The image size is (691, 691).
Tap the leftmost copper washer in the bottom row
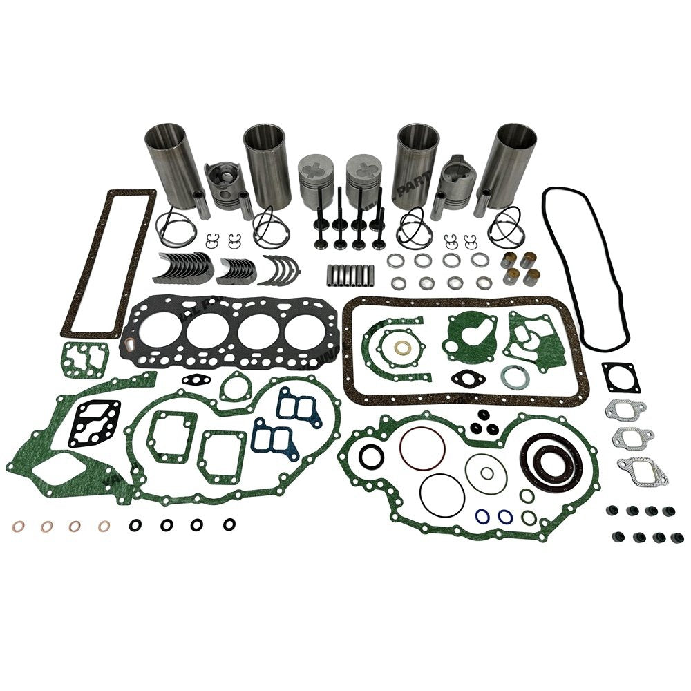tap(18, 527)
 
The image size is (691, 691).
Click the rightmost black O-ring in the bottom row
tap(229, 525)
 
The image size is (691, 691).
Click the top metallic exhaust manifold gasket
tap(625, 410)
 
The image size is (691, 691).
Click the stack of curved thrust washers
tap(279, 269)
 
